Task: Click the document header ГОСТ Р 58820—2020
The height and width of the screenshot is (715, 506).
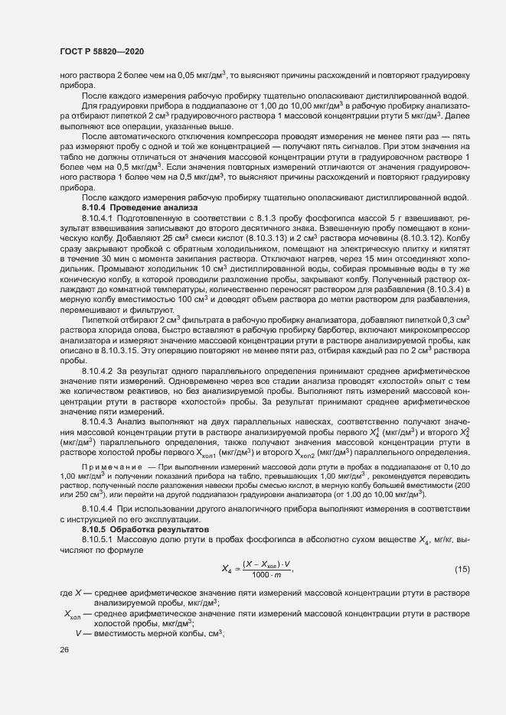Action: point(101,50)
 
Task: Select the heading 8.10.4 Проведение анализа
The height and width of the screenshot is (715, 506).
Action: point(140,207)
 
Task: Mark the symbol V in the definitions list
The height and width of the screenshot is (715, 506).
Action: point(78,633)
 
